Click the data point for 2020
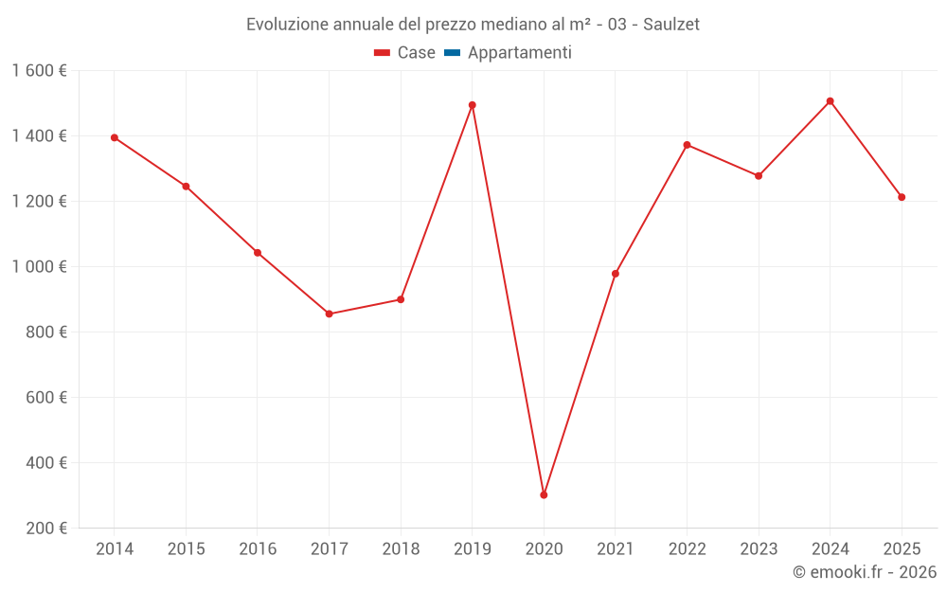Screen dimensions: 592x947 click(x=544, y=494)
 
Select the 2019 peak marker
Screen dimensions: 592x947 click(x=472, y=105)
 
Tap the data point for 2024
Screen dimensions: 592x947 click(x=830, y=101)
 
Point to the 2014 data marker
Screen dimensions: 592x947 click(x=115, y=137)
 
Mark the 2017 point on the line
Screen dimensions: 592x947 click(x=329, y=314)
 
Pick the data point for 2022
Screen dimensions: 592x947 click(x=687, y=145)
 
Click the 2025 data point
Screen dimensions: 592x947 click(x=902, y=197)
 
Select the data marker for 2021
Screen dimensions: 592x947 click(x=616, y=274)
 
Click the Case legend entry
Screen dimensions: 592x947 click(x=405, y=53)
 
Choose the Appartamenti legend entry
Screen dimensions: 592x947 click(x=509, y=53)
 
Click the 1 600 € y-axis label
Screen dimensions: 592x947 click(x=40, y=71)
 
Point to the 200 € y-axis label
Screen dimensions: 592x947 click(x=45, y=529)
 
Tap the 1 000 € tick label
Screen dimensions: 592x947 click(x=40, y=267)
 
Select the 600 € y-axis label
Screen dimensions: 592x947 click(x=45, y=398)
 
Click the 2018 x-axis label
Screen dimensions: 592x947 click(x=401, y=549)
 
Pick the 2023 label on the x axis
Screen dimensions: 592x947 click(x=759, y=549)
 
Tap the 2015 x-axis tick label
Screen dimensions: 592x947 click(x=186, y=549)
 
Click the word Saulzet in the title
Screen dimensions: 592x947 click(x=670, y=25)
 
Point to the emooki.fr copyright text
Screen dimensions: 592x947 click(x=865, y=572)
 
